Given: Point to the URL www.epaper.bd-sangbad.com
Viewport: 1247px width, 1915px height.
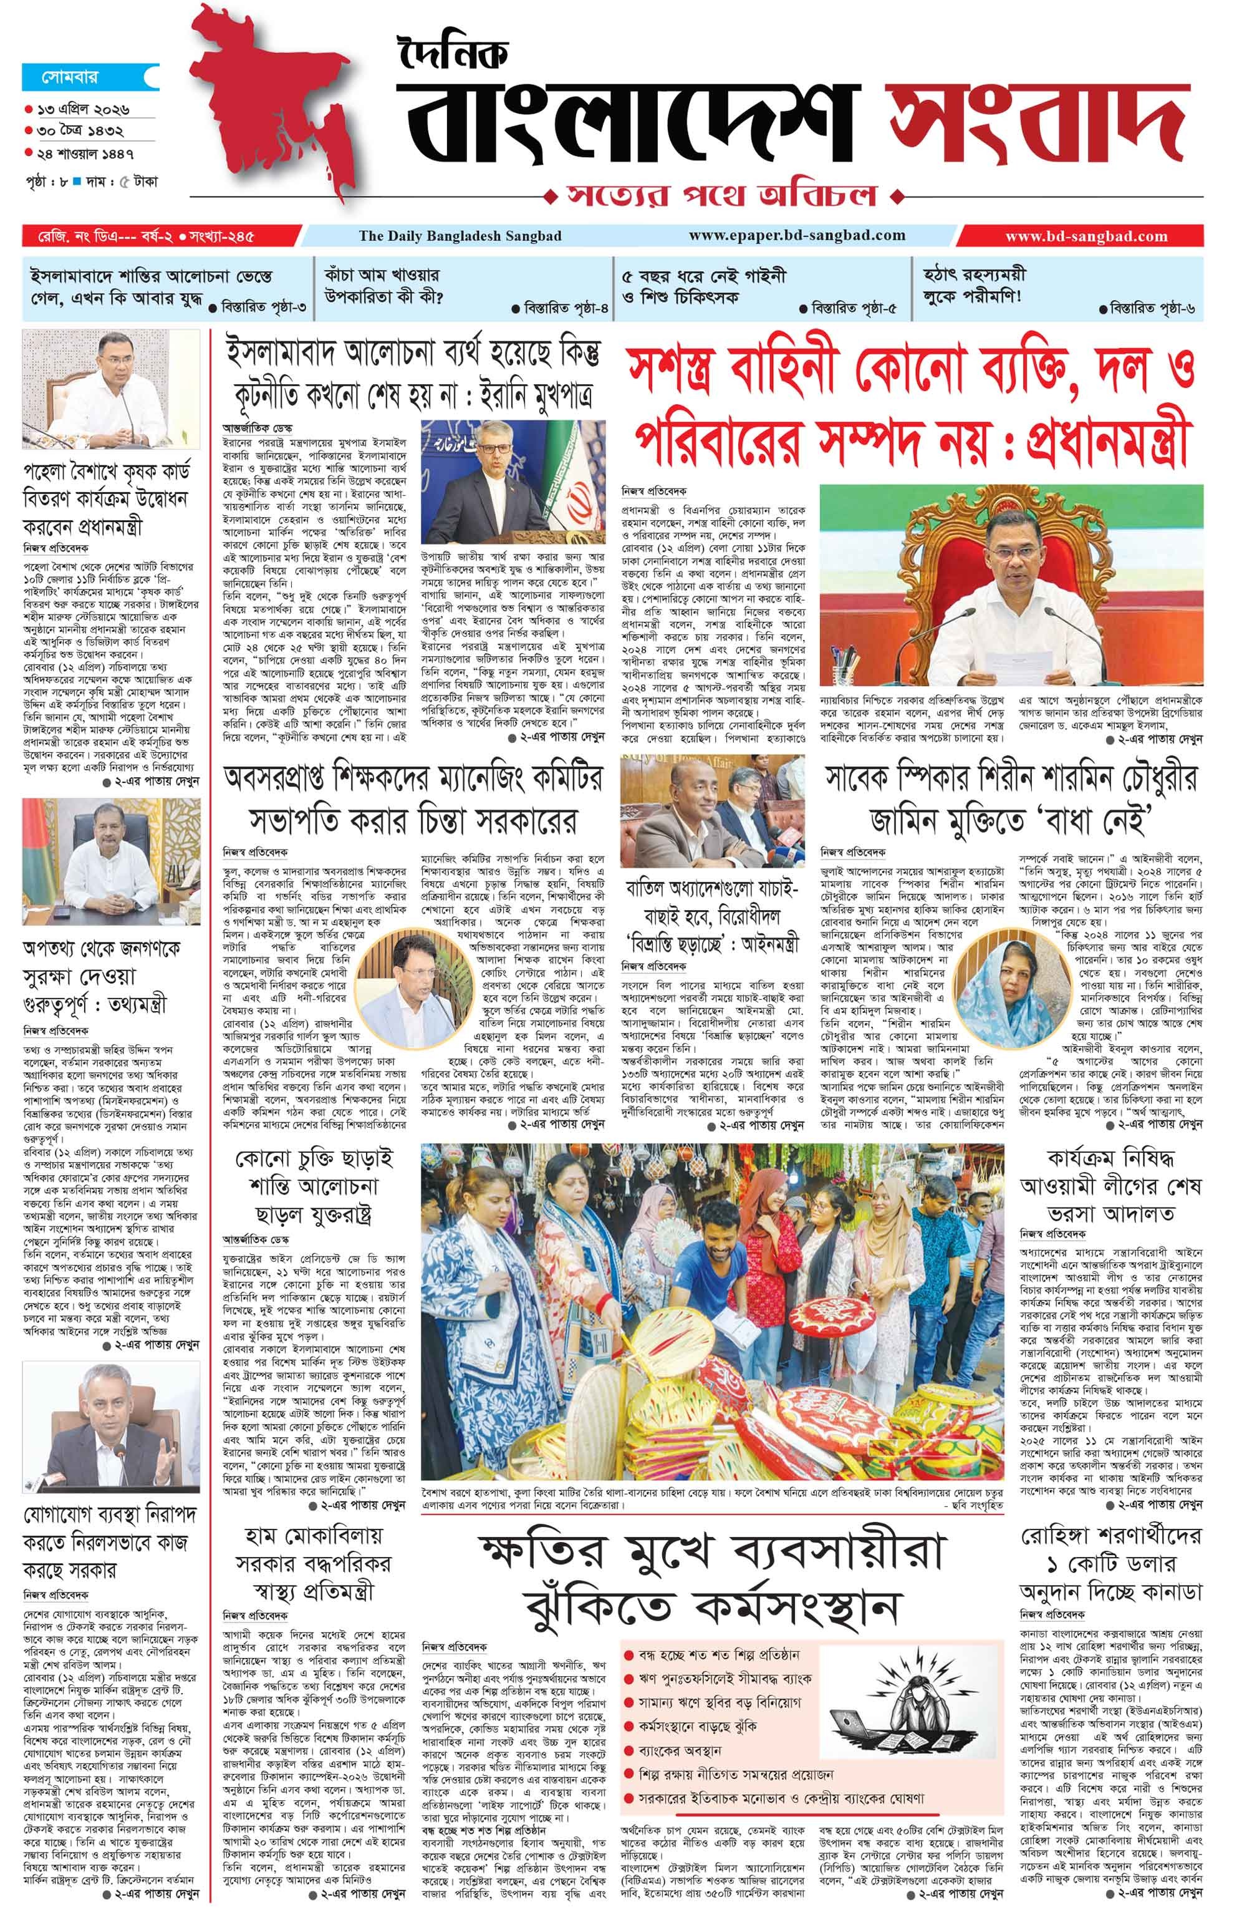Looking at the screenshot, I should tap(796, 236).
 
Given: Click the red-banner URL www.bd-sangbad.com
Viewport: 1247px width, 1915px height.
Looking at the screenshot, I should tap(1086, 236).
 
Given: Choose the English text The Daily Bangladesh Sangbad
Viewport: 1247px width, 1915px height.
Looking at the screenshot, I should tap(460, 236).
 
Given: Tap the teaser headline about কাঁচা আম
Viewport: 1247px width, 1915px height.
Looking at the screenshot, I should tap(383, 286).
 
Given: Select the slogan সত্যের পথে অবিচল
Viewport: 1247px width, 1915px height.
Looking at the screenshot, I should tap(720, 195).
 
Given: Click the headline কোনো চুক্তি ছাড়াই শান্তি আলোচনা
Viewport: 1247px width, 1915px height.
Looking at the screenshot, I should tap(314, 1186).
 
